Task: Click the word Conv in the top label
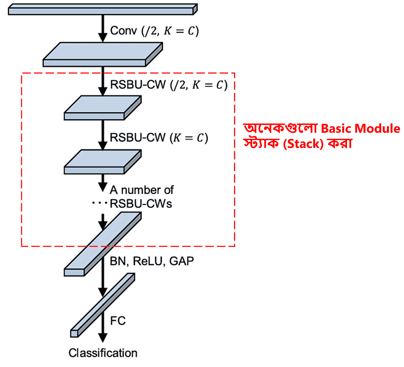[x=123, y=31]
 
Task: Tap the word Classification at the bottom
[x=103, y=353]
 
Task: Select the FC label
[x=118, y=321]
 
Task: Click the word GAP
[x=182, y=261]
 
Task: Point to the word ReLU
[x=148, y=261]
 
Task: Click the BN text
[x=118, y=261]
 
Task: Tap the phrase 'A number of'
[x=142, y=190]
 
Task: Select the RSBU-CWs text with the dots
[x=141, y=204]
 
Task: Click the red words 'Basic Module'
[x=360, y=129]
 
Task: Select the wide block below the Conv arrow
[x=102, y=54]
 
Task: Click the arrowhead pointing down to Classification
[x=103, y=337]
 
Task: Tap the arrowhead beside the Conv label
[x=103, y=37]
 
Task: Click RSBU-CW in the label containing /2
[x=138, y=85]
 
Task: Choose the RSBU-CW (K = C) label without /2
[x=159, y=138]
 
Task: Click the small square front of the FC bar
[x=74, y=334]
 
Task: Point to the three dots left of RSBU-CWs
[x=99, y=203]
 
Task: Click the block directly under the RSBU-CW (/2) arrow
[x=102, y=108]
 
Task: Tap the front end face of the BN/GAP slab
[x=74, y=272]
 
